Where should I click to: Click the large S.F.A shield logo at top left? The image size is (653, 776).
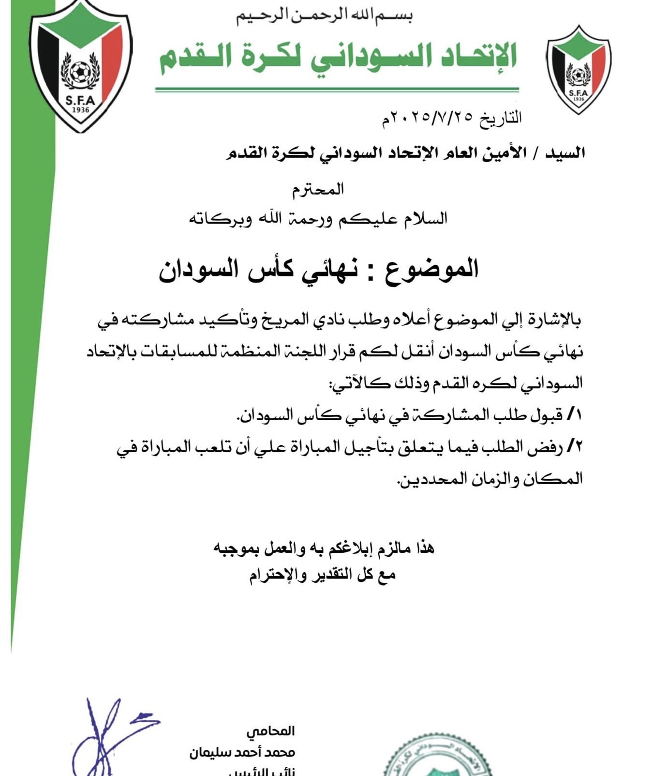[81, 65]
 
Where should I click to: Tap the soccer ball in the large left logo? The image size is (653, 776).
[80, 72]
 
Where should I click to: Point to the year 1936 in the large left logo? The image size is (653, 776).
[80, 110]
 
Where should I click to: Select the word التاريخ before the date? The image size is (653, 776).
[501, 118]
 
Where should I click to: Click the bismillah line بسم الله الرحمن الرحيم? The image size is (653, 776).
[324, 15]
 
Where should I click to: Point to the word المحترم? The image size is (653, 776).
[318, 189]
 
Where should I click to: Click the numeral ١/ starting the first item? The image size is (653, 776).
[574, 415]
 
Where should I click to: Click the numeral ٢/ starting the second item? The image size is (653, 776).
[574, 446]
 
